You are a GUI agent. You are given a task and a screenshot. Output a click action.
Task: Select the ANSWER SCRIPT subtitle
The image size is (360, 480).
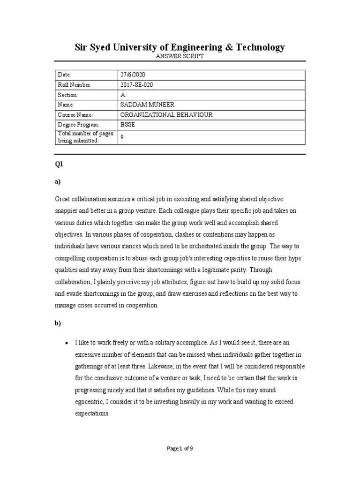[x=180, y=56]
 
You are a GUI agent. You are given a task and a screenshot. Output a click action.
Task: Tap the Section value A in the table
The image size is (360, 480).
[x=123, y=95]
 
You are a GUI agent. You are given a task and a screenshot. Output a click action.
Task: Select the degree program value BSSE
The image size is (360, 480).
[x=127, y=125]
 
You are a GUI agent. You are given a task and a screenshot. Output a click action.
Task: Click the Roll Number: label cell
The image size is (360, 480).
[x=75, y=85]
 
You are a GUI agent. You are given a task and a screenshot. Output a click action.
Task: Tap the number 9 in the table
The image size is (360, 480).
[x=122, y=137]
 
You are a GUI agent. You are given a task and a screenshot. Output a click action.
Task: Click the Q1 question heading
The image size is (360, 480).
[x=59, y=165]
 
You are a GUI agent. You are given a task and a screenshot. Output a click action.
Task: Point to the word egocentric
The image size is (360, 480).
[x=89, y=402]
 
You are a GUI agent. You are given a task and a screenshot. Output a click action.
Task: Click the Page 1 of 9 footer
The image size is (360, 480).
[x=180, y=449]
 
